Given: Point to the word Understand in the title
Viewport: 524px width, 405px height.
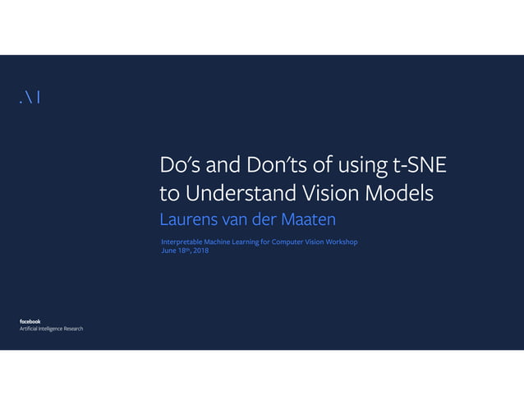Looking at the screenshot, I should [x=245, y=194].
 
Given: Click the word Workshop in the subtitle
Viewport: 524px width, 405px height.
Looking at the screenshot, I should [x=338, y=242].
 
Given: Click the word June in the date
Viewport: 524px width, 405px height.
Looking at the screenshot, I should [x=169, y=251].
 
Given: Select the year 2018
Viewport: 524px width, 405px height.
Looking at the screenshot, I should [x=200, y=251].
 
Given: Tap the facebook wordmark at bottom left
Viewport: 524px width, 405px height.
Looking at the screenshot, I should [x=30, y=321].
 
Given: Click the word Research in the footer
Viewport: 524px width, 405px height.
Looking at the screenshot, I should [x=70, y=329].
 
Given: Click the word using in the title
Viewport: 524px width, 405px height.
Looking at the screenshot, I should [x=358, y=167].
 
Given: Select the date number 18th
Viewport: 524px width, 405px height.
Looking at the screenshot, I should [x=185, y=251].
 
